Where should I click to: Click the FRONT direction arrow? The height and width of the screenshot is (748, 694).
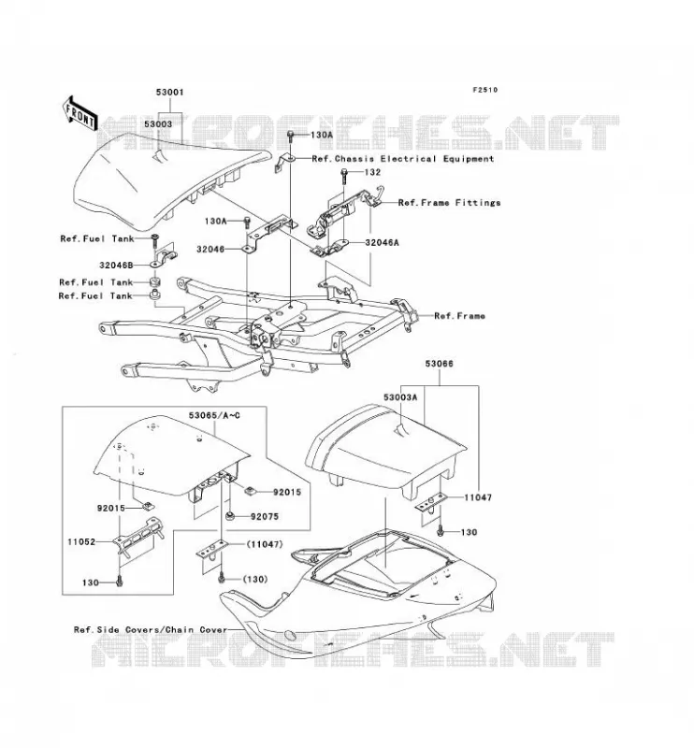tap(80, 114)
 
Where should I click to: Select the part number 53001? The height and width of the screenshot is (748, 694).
tap(169, 92)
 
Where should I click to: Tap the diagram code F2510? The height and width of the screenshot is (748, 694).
tap(484, 90)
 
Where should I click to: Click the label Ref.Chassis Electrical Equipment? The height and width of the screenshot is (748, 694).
tap(403, 159)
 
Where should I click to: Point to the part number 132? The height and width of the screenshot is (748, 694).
tap(372, 172)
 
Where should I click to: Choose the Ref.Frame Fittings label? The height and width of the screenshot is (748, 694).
tap(449, 203)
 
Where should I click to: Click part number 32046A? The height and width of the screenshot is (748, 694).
tap(382, 242)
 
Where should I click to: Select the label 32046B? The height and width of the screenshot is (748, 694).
tap(116, 266)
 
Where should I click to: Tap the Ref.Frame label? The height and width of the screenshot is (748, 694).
tap(459, 316)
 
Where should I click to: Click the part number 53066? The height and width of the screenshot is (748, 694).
tap(439, 364)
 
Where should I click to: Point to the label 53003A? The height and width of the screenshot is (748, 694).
tap(400, 397)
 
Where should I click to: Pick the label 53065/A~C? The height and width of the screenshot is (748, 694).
tap(214, 415)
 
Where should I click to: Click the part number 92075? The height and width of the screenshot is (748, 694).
tap(265, 517)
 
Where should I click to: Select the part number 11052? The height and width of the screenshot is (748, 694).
tap(81, 542)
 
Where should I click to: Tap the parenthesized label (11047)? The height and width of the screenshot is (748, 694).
tap(264, 544)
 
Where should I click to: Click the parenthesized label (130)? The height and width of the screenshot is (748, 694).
tap(255, 579)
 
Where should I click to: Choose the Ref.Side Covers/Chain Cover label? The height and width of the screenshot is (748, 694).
tap(151, 629)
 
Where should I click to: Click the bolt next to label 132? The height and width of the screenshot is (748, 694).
tap(344, 178)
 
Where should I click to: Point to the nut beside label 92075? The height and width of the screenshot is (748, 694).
tap(229, 516)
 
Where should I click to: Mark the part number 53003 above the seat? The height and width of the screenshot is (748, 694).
tap(158, 124)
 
